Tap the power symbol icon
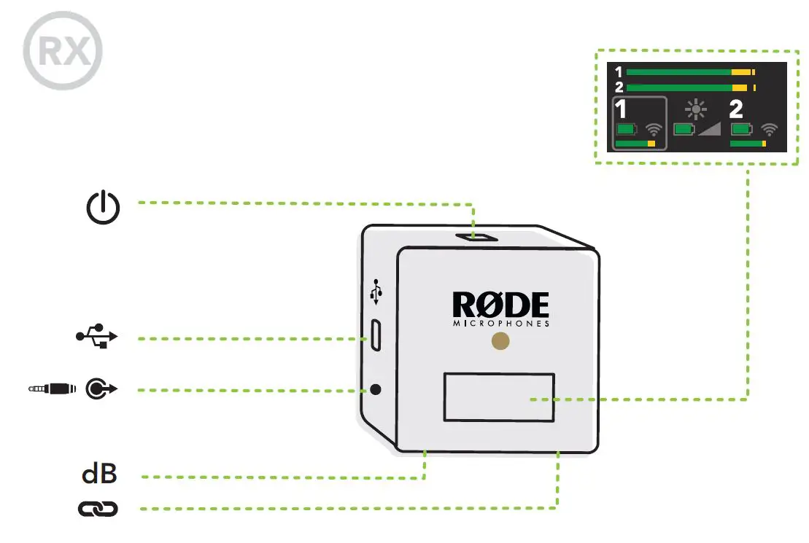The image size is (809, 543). click(103, 208)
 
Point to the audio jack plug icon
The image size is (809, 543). click(50, 389)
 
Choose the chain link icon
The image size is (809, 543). click(98, 509)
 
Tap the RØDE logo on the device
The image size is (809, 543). click(500, 305)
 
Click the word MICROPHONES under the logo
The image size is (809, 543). click(500, 324)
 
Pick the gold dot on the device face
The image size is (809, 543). click(500, 341)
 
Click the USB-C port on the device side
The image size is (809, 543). click(375, 335)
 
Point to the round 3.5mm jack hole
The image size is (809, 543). click(376, 389)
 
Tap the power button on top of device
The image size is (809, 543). click(473, 237)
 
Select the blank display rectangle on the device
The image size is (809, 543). click(499, 396)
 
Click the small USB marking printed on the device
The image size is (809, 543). click(376, 293)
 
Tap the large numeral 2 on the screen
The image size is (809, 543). click(736, 110)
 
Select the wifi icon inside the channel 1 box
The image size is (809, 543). click(654, 130)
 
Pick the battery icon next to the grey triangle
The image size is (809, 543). click(684, 130)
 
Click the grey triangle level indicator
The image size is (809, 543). click(709, 129)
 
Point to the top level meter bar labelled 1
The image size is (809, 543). click(689, 72)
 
